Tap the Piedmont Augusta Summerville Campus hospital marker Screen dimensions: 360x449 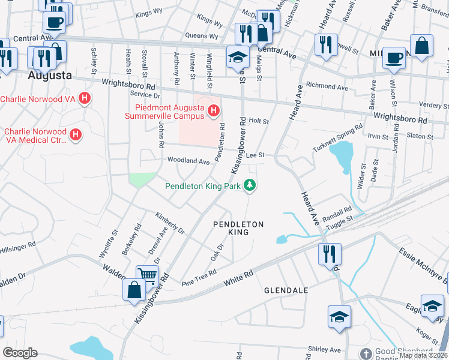pos(212,110)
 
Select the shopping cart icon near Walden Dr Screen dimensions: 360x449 pos(146,276)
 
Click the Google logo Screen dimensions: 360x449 pos(20,353)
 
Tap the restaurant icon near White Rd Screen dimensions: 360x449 pos(330,253)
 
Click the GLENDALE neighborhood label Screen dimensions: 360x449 pos(286,290)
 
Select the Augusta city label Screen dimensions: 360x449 pos(50,76)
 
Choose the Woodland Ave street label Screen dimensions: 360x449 pos(188,161)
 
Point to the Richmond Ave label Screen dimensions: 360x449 pos(327,88)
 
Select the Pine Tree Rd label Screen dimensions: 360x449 pos(199,277)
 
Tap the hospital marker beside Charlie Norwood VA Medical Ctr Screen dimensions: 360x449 pos(76,135)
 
